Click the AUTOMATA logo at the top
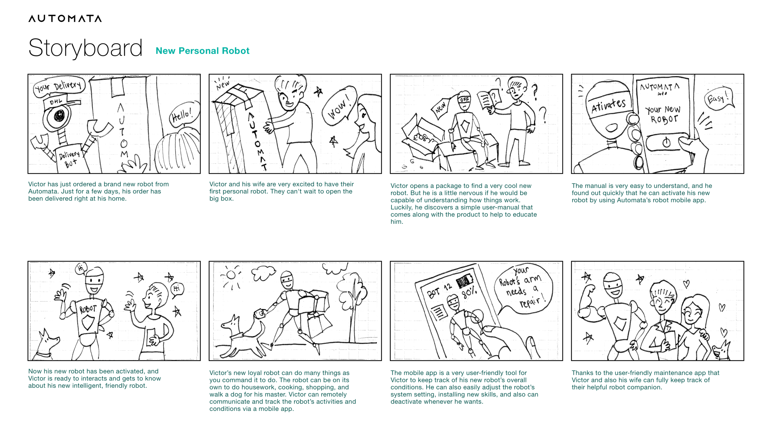click(65, 18)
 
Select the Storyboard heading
click(85, 48)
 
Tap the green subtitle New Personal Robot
click(202, 51)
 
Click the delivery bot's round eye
click(59, 116)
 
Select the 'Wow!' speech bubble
click(339, 106)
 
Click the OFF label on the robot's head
click(464, 100)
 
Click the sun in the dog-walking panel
click(231, 275)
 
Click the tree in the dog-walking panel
click(353, 304)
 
